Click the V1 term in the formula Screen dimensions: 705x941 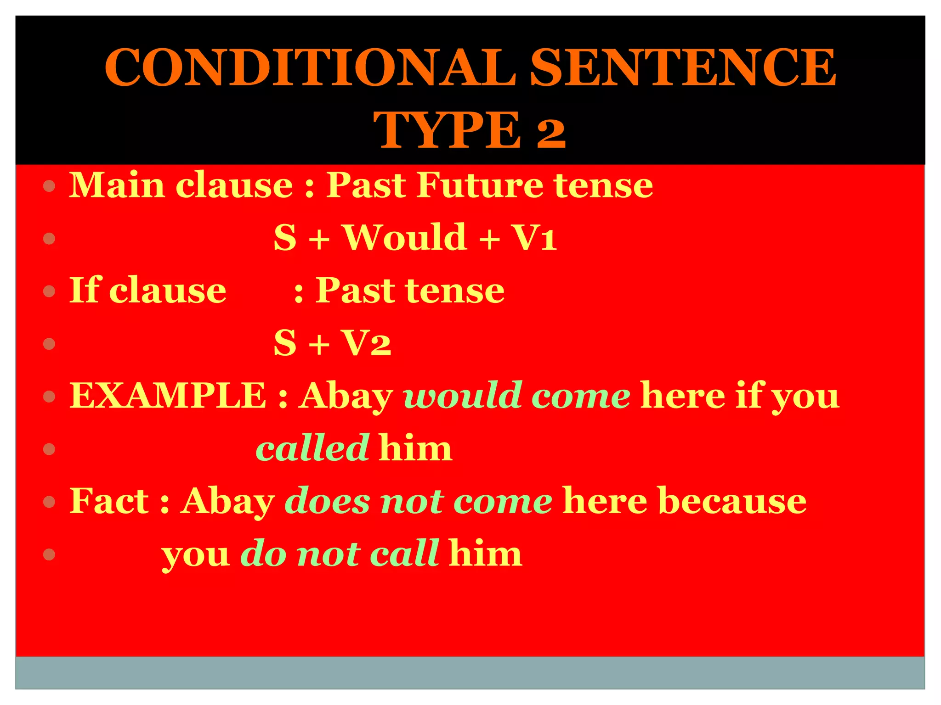[535, 238]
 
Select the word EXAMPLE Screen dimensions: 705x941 [168, 395]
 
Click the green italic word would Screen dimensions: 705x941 [462, 395]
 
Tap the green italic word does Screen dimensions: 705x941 [327, 501]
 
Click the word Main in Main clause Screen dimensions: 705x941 [117, 185]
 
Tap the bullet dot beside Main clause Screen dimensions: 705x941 [49, 186]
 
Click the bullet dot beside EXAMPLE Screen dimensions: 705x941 [49, 397]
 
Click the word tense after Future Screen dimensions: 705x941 [603, 185]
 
